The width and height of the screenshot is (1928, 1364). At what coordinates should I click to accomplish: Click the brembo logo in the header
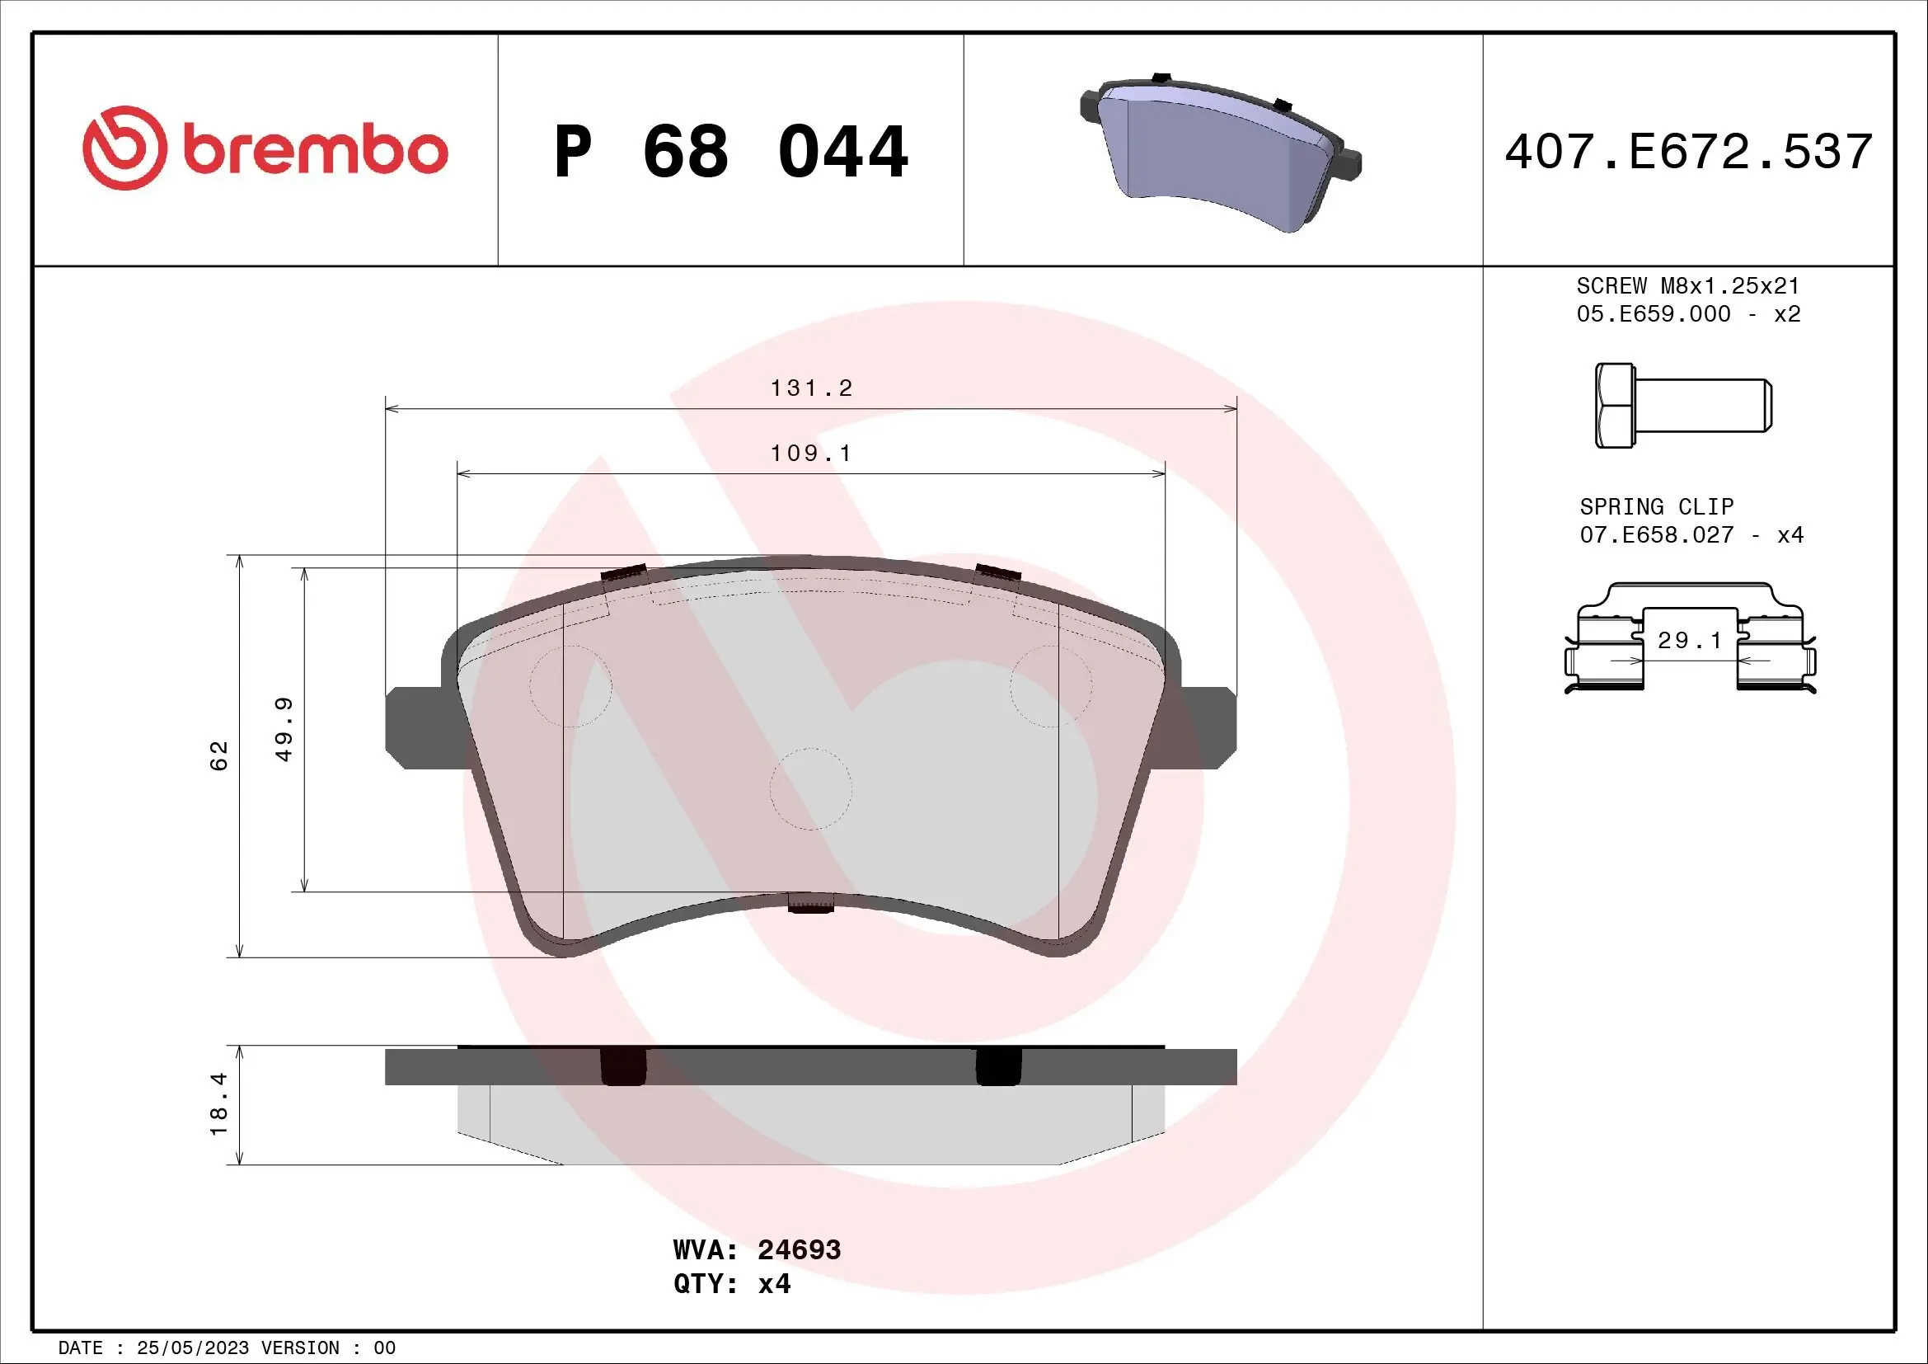(265, 148)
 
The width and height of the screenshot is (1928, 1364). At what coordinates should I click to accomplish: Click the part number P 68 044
(730, 152)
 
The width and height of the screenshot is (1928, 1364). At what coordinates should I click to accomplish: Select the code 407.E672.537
(1688, 152)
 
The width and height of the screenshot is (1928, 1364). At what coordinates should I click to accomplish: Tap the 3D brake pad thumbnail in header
(1220, 151)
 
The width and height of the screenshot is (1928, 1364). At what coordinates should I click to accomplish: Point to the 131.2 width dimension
(811, 388)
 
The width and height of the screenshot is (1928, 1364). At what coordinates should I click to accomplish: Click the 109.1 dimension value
(811, 454)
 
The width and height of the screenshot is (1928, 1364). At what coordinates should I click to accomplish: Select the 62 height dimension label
(219, 755)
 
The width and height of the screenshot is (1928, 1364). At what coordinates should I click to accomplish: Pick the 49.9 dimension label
(284, 729)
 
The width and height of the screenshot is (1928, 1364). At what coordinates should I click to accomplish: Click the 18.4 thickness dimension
(219, 1104)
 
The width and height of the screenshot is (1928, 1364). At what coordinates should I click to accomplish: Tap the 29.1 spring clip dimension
(1690, 641)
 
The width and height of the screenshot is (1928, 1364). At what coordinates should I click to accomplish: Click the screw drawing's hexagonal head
(1614, 406)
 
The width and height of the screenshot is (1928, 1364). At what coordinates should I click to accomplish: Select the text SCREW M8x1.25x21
(1688, 285)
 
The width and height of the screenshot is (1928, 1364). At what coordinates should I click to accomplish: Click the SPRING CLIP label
(1656, 506)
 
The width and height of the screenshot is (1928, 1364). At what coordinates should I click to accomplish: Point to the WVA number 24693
(799, 1249)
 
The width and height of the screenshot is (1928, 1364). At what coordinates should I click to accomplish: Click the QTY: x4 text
(731, 1284)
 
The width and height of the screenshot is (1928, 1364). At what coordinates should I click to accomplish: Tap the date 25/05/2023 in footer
(193, 1348)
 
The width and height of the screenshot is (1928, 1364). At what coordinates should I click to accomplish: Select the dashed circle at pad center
(810, 788)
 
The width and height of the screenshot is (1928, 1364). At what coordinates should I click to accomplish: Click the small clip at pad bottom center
(810, 904)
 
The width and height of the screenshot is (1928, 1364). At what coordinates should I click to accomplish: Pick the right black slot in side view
(997, 1066)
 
